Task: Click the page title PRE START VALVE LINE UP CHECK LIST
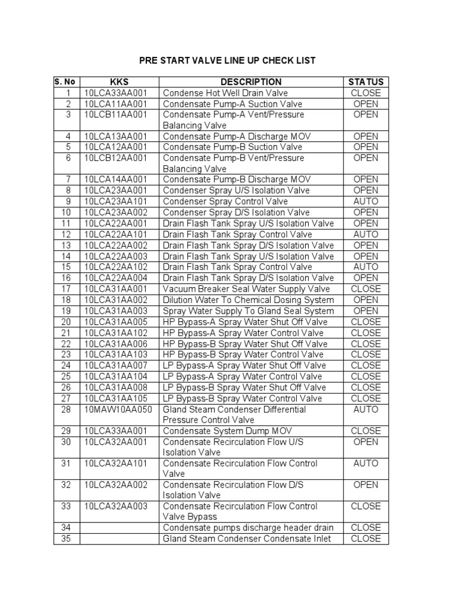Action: point(227,60)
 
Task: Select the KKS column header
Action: point(120,82)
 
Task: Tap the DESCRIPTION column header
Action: point(251,82)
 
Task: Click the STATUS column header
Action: point(366,82)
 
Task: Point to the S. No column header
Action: point(67,82)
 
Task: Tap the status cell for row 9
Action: point(366,201)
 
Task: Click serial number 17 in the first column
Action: point(67,289)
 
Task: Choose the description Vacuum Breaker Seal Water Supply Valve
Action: point(246,289)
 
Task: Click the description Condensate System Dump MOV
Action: point(227,431)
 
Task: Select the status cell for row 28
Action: point(366,410)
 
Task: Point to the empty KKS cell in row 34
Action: point(120,527)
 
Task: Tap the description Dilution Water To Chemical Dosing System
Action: point(248,300)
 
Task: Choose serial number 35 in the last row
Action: point(67,539)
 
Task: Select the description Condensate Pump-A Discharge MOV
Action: point(236,136)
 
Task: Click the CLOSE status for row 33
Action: point(366,506)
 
